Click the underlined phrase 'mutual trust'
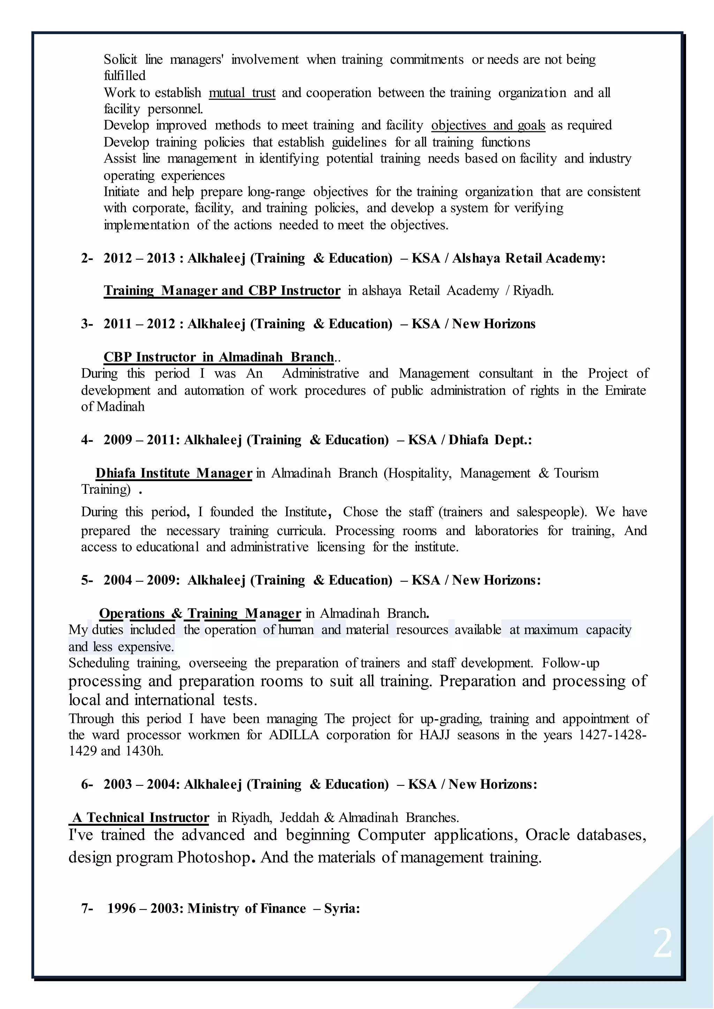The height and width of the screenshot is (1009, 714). pos(242,93)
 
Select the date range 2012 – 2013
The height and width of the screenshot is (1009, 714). pos(139,259)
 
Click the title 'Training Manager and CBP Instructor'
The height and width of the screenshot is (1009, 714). pos(222,291)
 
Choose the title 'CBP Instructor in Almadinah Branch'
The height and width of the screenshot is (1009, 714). pos(219,357)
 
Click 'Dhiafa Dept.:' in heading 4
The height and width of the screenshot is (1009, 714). pos(490,440)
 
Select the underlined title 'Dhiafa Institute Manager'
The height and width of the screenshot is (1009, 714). pos(174,473)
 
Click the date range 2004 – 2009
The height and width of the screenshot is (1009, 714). pos(139,580)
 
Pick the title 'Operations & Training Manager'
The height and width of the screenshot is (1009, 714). pos(200,614)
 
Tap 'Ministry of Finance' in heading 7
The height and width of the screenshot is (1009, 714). pos(246,908)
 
